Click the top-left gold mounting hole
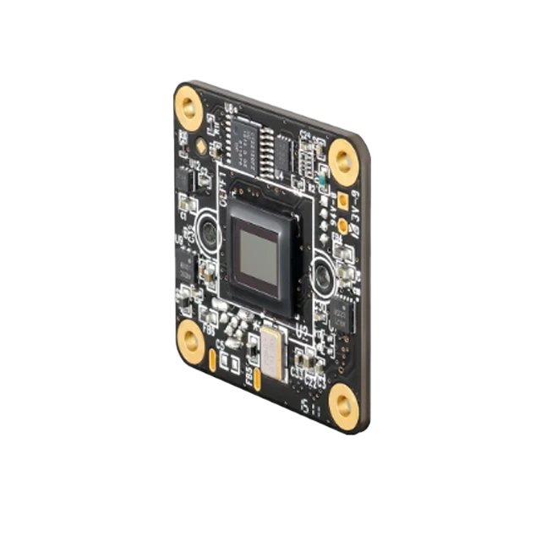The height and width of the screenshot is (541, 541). [x=188, y=107]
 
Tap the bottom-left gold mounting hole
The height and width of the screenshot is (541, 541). [x=190, y=342]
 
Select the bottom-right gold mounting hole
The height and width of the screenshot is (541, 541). [x=342, y=404]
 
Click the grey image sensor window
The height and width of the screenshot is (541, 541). [x=260, y=258]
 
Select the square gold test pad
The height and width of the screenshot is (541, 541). [x=343, y=202]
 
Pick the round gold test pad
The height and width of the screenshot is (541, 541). [x=342, y=226]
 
